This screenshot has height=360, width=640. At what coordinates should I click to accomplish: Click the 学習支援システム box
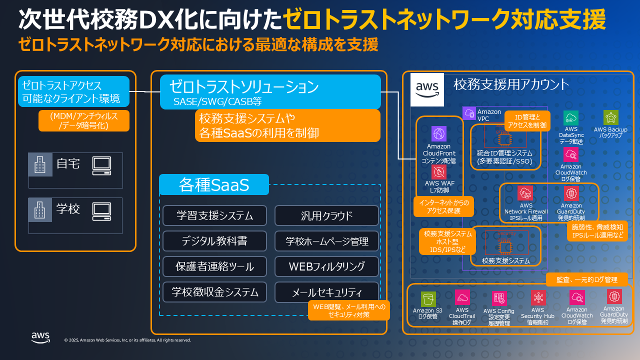tap(214, 215)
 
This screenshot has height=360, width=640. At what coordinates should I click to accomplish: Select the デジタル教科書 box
tap(214, 241)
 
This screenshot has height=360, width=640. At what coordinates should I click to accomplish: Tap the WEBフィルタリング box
tap(326, 266)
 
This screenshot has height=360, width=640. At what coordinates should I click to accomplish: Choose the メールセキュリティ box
tap(326, 292)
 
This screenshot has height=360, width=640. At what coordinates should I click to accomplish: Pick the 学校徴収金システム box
tap(214, 292)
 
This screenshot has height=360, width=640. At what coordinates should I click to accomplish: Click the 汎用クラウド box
tap(326, 215)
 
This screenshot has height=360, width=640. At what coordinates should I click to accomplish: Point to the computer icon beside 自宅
tap(101, 165)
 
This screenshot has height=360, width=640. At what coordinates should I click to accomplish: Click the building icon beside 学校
tap(40, 210)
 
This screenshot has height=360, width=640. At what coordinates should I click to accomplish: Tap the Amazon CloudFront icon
tap(438, 134)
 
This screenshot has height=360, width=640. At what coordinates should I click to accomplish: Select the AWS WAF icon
tap(438, 172)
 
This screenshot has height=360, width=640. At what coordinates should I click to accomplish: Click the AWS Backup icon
tap(610, 117)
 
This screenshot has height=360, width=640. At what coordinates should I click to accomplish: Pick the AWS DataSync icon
tap(570, 118)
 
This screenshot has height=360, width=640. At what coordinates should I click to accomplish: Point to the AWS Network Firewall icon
tap(526, 193)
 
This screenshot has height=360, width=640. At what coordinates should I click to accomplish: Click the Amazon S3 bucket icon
tap(428, 299)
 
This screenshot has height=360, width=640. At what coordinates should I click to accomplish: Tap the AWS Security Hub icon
tap(538, 298)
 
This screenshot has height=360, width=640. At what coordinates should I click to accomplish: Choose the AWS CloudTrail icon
tap(462, 298)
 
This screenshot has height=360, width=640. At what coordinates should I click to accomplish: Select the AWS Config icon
tap(498, 298)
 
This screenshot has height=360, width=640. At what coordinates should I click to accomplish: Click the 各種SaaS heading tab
tap(214, 184)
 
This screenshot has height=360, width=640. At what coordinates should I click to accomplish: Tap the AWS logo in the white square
tap(426, 89)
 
